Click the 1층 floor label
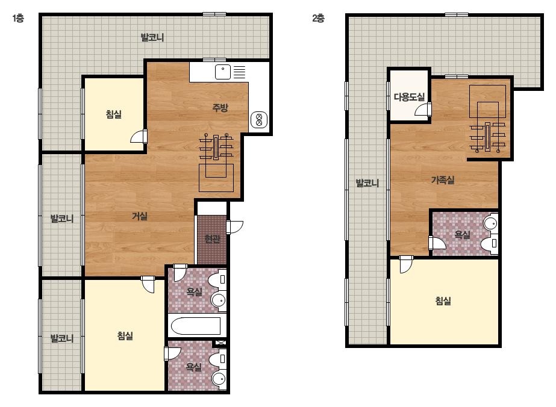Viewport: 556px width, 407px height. coord(17,18)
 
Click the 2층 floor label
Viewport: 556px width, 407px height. coord(318,18)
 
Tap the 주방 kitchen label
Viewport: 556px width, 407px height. coord(220,107)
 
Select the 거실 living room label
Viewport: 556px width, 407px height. coord(140,216)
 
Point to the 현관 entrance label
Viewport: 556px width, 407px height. coord(213,239)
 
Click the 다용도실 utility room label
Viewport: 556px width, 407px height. coord(409,96)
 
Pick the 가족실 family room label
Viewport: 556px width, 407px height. coord(443,180)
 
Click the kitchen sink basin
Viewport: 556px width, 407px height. coord(223,72)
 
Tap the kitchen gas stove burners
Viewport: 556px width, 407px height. coord(259,120)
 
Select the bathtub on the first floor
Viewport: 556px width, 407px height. coord(197,326)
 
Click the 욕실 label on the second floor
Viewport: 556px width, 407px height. coord(463,234)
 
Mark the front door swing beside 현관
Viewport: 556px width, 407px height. coord(235,226)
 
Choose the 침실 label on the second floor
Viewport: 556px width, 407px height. coord(443,301)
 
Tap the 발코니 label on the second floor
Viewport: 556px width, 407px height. coord(367,183)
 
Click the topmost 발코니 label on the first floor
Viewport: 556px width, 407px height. coord(152,37)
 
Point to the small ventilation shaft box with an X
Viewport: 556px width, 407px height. coord(220,343)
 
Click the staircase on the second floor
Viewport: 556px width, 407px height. coord(487,119)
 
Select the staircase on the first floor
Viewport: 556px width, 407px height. coord(216,163)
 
